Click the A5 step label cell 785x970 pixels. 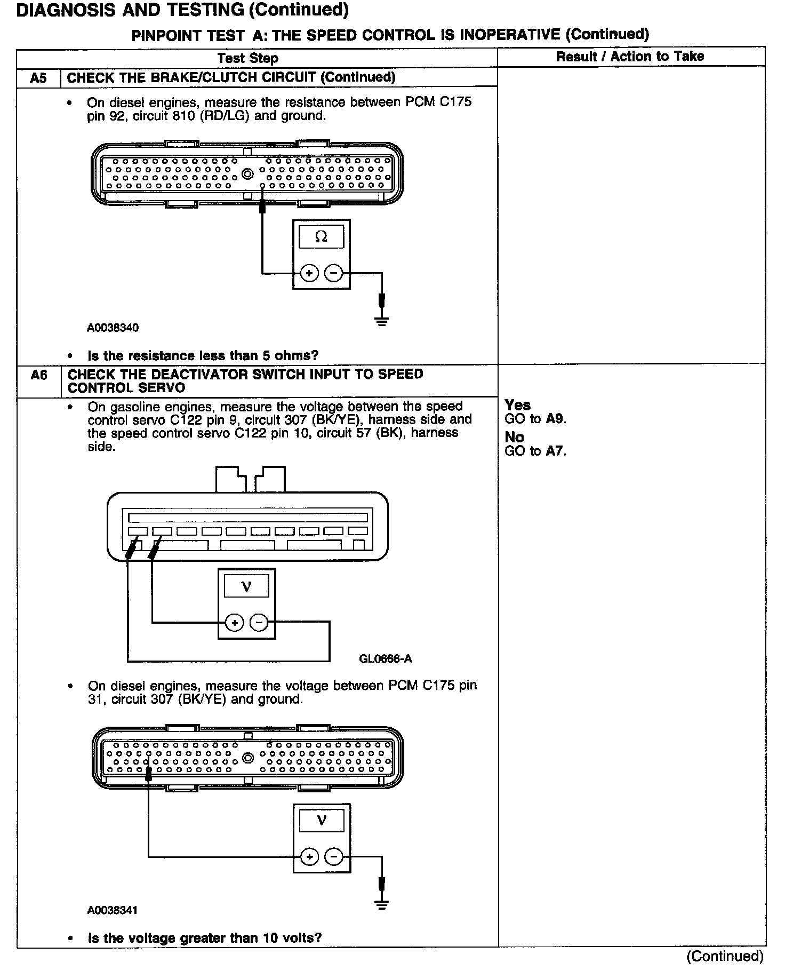(38, 78)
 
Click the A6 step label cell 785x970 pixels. (38, 376)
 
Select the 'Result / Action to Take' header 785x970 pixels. (630, 57)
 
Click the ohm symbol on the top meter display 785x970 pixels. (321, 236)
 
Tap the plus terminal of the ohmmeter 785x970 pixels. (309, 274)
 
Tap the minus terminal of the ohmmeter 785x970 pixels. (334, 274)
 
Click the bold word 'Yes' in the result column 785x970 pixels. (517, 406)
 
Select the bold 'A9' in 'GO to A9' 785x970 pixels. (555, 419)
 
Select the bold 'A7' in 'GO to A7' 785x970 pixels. (555, 451)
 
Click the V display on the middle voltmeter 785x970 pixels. (246, 587)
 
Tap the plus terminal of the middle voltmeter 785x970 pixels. (234, 622)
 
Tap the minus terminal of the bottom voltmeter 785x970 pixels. (334, 857)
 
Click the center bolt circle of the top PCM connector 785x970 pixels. (247, 174)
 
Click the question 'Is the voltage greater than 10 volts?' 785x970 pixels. (205, 938)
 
